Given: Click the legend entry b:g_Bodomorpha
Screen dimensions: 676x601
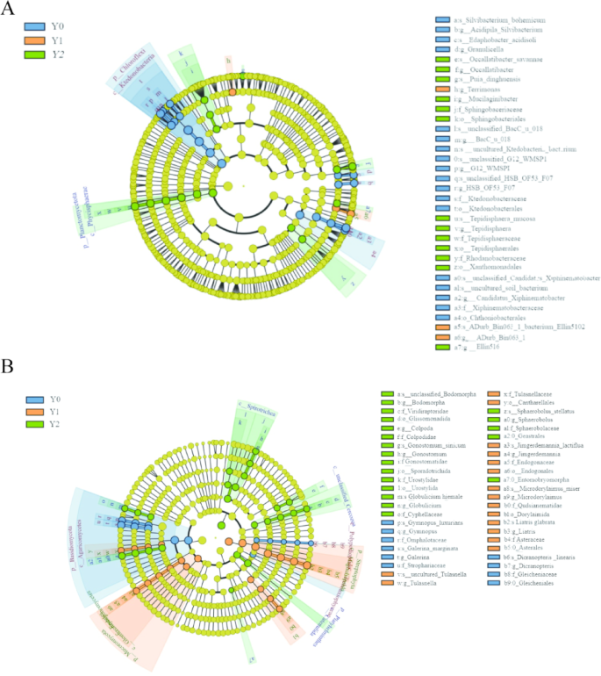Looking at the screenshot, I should [420, 401].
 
